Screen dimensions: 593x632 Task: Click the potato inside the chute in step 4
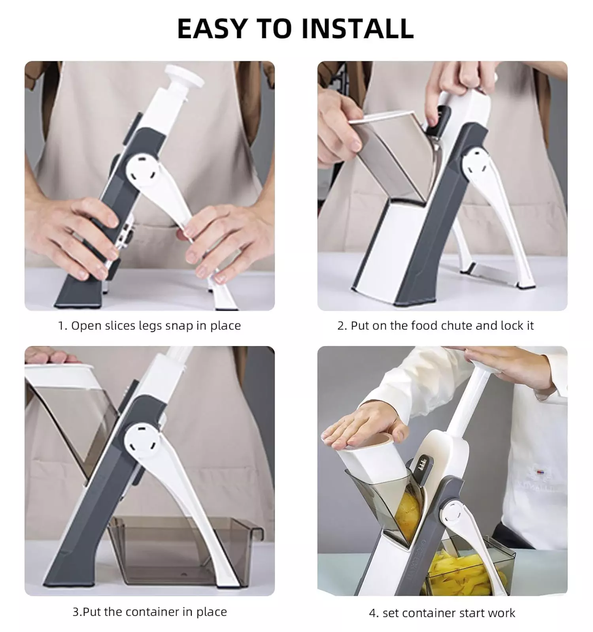click(x=410, y=510)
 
